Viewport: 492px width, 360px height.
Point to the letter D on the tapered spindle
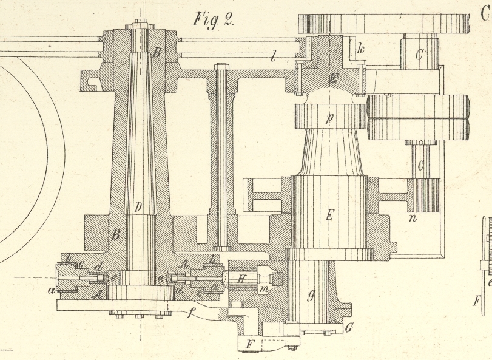(138, 208)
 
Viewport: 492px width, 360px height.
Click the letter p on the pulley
(329, 118)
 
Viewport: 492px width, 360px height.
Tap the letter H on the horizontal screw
(240, 279)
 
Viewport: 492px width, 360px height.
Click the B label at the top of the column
(157, 52)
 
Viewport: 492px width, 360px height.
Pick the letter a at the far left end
(52, 291)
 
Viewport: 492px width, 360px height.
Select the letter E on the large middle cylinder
(329, 216)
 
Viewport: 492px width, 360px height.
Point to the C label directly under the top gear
(419, 55)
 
